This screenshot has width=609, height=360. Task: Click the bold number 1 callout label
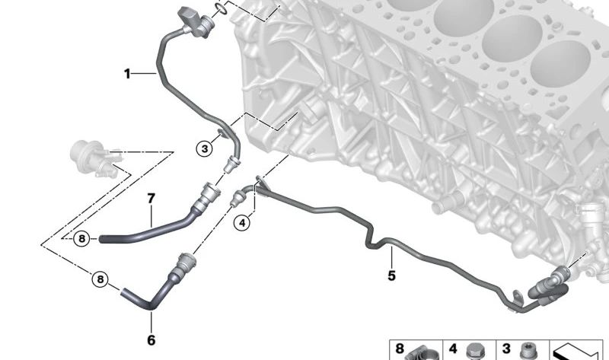[127, 73]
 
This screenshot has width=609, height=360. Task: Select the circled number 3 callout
[204, 148]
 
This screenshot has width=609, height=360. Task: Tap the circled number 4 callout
[242, 223]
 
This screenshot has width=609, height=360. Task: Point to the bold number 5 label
[391, 276]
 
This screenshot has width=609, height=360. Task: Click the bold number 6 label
[151, 340]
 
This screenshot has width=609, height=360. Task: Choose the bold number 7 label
[151, 199]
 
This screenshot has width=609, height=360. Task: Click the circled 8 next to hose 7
[81, 238]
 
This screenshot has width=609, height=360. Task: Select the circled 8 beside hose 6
[100, 279]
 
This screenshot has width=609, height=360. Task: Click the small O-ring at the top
[221, 8]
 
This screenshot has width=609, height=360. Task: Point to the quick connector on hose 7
[206, 196]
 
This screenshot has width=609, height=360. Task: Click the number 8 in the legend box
[399, 348]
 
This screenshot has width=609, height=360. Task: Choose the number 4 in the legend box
[453, 349]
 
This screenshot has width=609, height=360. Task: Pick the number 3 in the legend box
[505, 349]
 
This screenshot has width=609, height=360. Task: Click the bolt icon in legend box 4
[473, 352]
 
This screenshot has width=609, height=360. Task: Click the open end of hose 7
[102, 239]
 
